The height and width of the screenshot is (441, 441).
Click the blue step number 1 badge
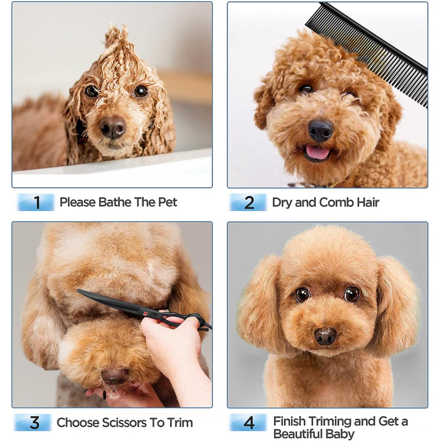(x=36, y=202)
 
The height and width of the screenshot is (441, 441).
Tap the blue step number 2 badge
(x=248, y=202)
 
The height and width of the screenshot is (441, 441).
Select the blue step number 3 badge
(x=33, y=422)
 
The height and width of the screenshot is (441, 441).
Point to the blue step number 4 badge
(x=248, y=422)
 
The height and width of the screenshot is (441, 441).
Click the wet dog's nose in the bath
(x=113, y=127)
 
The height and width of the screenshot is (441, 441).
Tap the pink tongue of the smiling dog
(x=318, y=152)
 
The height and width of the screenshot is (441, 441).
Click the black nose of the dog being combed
(x=320, y=130)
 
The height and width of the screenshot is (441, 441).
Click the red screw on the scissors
(x=146, y=313)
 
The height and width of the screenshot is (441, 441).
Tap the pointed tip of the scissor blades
(x=78, y=290)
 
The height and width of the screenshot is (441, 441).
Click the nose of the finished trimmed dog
(x=325, y=336)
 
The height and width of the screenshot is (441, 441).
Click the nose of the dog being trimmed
(x=115, y=376)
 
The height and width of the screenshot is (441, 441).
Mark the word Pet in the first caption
(x=168, y=202)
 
